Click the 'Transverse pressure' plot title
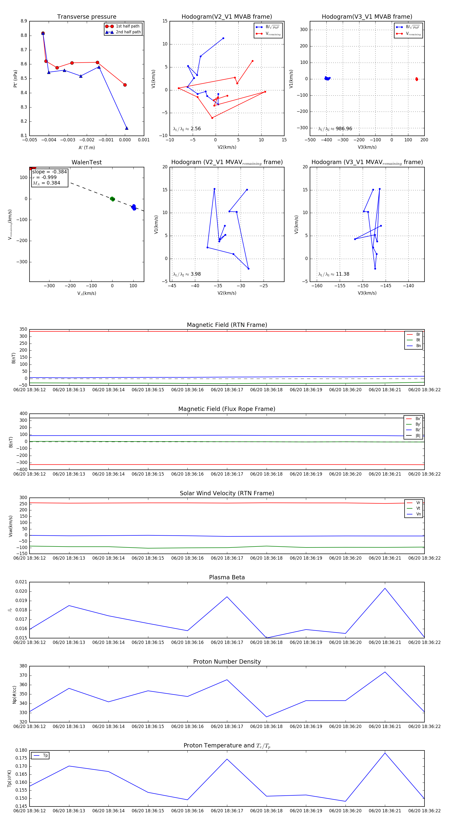click(87, 17)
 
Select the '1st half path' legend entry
click(127, 26)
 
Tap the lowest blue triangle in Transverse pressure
click(127, 128)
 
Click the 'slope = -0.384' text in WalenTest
click(49, 172)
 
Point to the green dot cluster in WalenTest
click(112, 199)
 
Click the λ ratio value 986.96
click(344, 129)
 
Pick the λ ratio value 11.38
click(343, 274)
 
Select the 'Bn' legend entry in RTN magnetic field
click(418, 346)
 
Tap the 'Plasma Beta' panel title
click(227, 577)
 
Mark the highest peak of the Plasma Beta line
click(385, 588)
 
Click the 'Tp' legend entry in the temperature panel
click(45, 756)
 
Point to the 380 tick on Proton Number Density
click(23, 666)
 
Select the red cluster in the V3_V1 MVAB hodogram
click(416, 79)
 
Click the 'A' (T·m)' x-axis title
click(87, 147)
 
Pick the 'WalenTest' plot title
click(87, 162)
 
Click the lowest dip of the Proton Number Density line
click(267, 717)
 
